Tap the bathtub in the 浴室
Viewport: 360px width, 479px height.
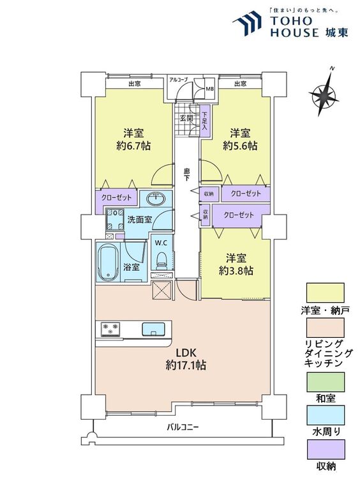107,262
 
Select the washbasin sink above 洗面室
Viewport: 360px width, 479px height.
156,199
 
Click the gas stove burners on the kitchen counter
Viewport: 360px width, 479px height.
110,330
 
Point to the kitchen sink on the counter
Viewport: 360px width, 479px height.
153,330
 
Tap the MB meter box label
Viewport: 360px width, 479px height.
209,89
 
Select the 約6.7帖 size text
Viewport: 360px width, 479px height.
133,146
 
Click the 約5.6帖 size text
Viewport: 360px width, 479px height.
240,146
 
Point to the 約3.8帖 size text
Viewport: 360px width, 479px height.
236,271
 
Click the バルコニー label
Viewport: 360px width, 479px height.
183,427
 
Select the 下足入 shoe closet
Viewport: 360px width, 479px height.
204,121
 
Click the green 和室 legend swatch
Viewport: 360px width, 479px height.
325,382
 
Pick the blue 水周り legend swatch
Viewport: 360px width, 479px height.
325,416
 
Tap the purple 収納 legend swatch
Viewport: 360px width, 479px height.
325,450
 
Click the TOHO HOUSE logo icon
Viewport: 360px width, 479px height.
247,22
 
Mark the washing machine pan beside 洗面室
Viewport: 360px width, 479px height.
114,219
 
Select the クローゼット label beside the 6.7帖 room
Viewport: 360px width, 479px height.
116,197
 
